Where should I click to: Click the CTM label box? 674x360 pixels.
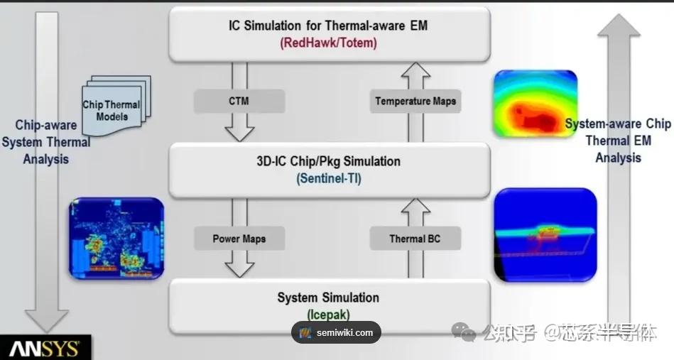239,102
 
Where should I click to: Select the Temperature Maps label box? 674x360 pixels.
415,102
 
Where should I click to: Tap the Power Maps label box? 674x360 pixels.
239,239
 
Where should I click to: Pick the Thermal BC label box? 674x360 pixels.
415,239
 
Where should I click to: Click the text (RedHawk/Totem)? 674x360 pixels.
328,43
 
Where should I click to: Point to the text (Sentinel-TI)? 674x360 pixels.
329,178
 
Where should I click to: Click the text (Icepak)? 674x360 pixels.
328,315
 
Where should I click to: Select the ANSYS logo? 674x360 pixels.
45,349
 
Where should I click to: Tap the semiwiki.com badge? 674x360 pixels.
336,332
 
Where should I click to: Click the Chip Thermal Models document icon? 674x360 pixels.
116,105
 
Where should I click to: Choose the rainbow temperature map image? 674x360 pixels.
536,104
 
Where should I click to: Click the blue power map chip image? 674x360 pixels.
116,238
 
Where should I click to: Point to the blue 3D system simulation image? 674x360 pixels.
545,235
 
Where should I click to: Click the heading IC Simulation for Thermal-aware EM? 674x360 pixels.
328,26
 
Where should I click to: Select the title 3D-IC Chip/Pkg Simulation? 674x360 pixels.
329,161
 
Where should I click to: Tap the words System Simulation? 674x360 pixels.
328,298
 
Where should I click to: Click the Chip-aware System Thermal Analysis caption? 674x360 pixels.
46,142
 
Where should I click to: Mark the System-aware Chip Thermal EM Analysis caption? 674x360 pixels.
618,141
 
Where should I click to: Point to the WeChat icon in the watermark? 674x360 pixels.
463,332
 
